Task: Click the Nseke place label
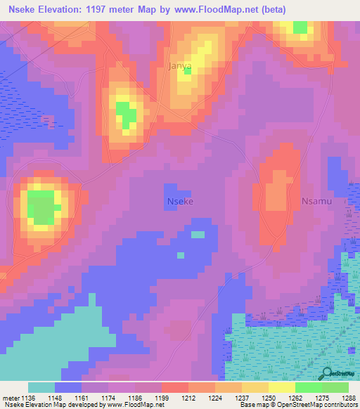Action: click(180, 202)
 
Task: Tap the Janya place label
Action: click(180, 65)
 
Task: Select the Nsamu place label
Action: click(316, 202)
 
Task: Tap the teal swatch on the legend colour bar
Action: click(41, 387)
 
